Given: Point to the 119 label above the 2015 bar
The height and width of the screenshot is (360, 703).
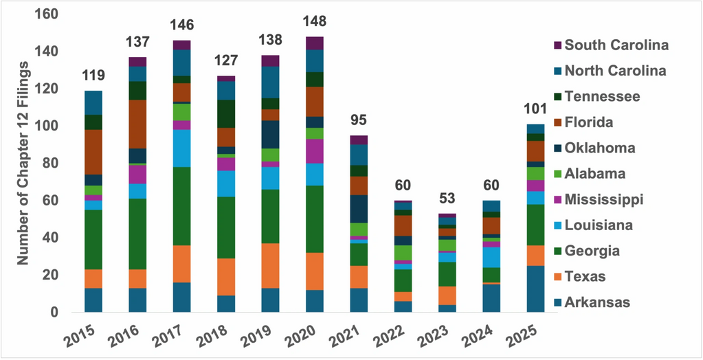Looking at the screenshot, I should [93, 76].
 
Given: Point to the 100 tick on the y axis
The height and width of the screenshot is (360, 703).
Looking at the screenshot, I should [49, 126].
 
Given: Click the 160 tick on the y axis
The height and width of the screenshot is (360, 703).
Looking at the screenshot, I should [49, 14].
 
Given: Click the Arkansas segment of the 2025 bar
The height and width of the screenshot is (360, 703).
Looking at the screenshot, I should [535, 289].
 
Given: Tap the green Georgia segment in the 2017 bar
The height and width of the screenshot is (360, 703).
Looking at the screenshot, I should [182, 206].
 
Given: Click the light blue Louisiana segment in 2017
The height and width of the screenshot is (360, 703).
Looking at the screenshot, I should [182, 148].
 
